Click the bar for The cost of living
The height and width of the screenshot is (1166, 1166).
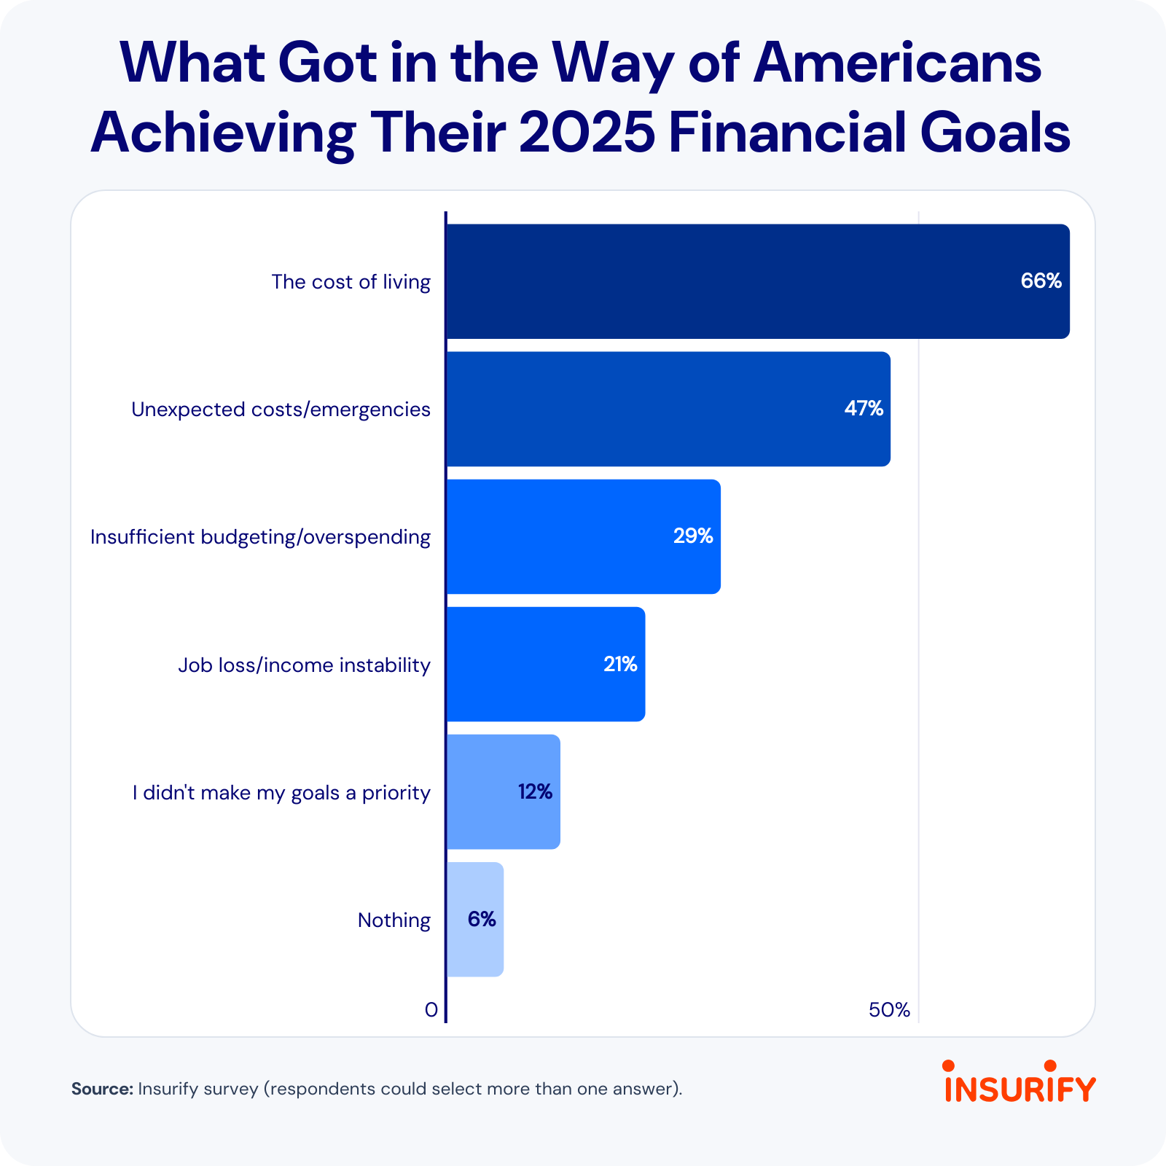[x=729, y=281]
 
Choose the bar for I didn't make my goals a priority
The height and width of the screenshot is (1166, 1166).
[x=481, y=791]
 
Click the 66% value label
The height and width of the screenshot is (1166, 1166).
[x=1041, y=281]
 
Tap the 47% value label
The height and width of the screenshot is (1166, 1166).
[x=864, y=409]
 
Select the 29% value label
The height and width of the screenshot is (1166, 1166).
[x=693, y=536]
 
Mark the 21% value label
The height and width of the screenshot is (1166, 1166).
[x=620, y=664]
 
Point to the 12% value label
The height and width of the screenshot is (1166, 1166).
[x=535, y=791]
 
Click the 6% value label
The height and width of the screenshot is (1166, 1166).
[x=482, y=920]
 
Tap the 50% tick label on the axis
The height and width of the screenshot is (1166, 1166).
[x=889, y=1010]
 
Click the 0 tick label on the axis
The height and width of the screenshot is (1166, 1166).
[x=431, y=1010]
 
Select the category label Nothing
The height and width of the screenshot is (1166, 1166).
[x=394, y=920]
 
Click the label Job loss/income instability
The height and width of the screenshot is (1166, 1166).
[x=305, y=665]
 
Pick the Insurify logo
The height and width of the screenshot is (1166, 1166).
[x=1020, y=1082]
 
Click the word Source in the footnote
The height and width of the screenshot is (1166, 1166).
[x=102, y=1089]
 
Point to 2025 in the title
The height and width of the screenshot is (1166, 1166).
[x=587, y=133]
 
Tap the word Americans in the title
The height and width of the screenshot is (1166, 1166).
[x=897, y=63]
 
